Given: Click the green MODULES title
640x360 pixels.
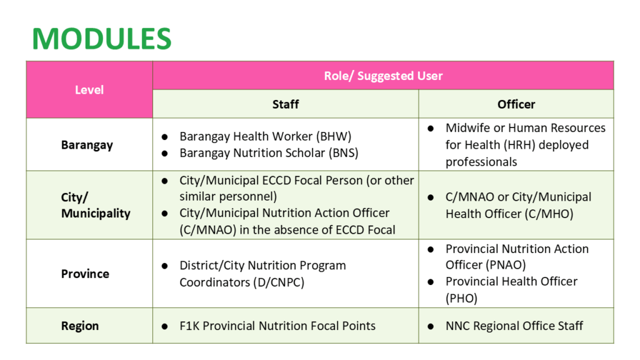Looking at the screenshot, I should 102,39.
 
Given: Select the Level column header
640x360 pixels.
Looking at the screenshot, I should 89,90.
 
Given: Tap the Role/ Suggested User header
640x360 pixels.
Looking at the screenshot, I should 382,76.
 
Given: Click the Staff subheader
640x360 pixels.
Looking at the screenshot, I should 285,104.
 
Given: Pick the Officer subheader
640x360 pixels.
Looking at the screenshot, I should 516,104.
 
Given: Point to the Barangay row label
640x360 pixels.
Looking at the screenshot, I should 87,145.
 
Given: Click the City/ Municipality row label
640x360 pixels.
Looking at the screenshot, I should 95,205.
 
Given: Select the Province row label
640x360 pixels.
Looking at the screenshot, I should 85,274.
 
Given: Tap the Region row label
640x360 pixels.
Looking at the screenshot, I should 80,326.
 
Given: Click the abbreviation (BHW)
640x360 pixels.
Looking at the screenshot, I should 333,136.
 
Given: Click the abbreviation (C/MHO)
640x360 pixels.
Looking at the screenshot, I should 551,214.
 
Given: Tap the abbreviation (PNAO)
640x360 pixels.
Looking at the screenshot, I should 506,265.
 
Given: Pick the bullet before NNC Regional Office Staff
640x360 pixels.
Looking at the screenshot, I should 431,326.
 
